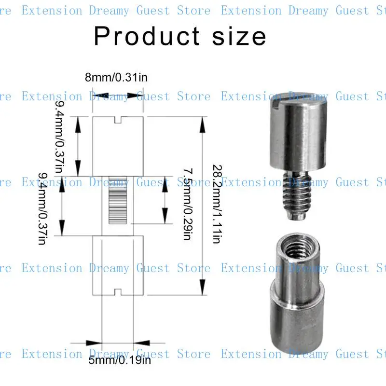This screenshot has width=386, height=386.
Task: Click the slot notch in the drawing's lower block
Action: [118, 291]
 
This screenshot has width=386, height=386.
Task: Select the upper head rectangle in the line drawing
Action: [118, 147]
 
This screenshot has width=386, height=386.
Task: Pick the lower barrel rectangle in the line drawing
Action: [118, 265]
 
